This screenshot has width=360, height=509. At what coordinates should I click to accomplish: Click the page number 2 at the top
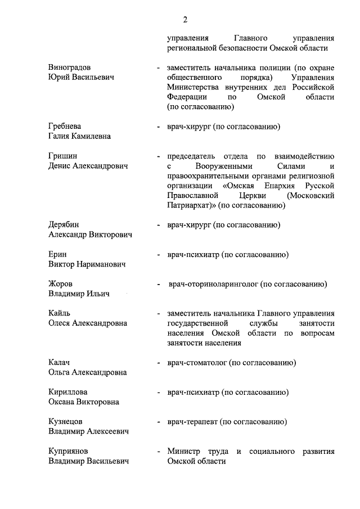185,20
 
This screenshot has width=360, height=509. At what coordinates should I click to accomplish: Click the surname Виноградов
70,67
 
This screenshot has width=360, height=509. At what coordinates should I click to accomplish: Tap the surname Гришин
62,156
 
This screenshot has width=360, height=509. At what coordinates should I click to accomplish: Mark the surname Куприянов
68,451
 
